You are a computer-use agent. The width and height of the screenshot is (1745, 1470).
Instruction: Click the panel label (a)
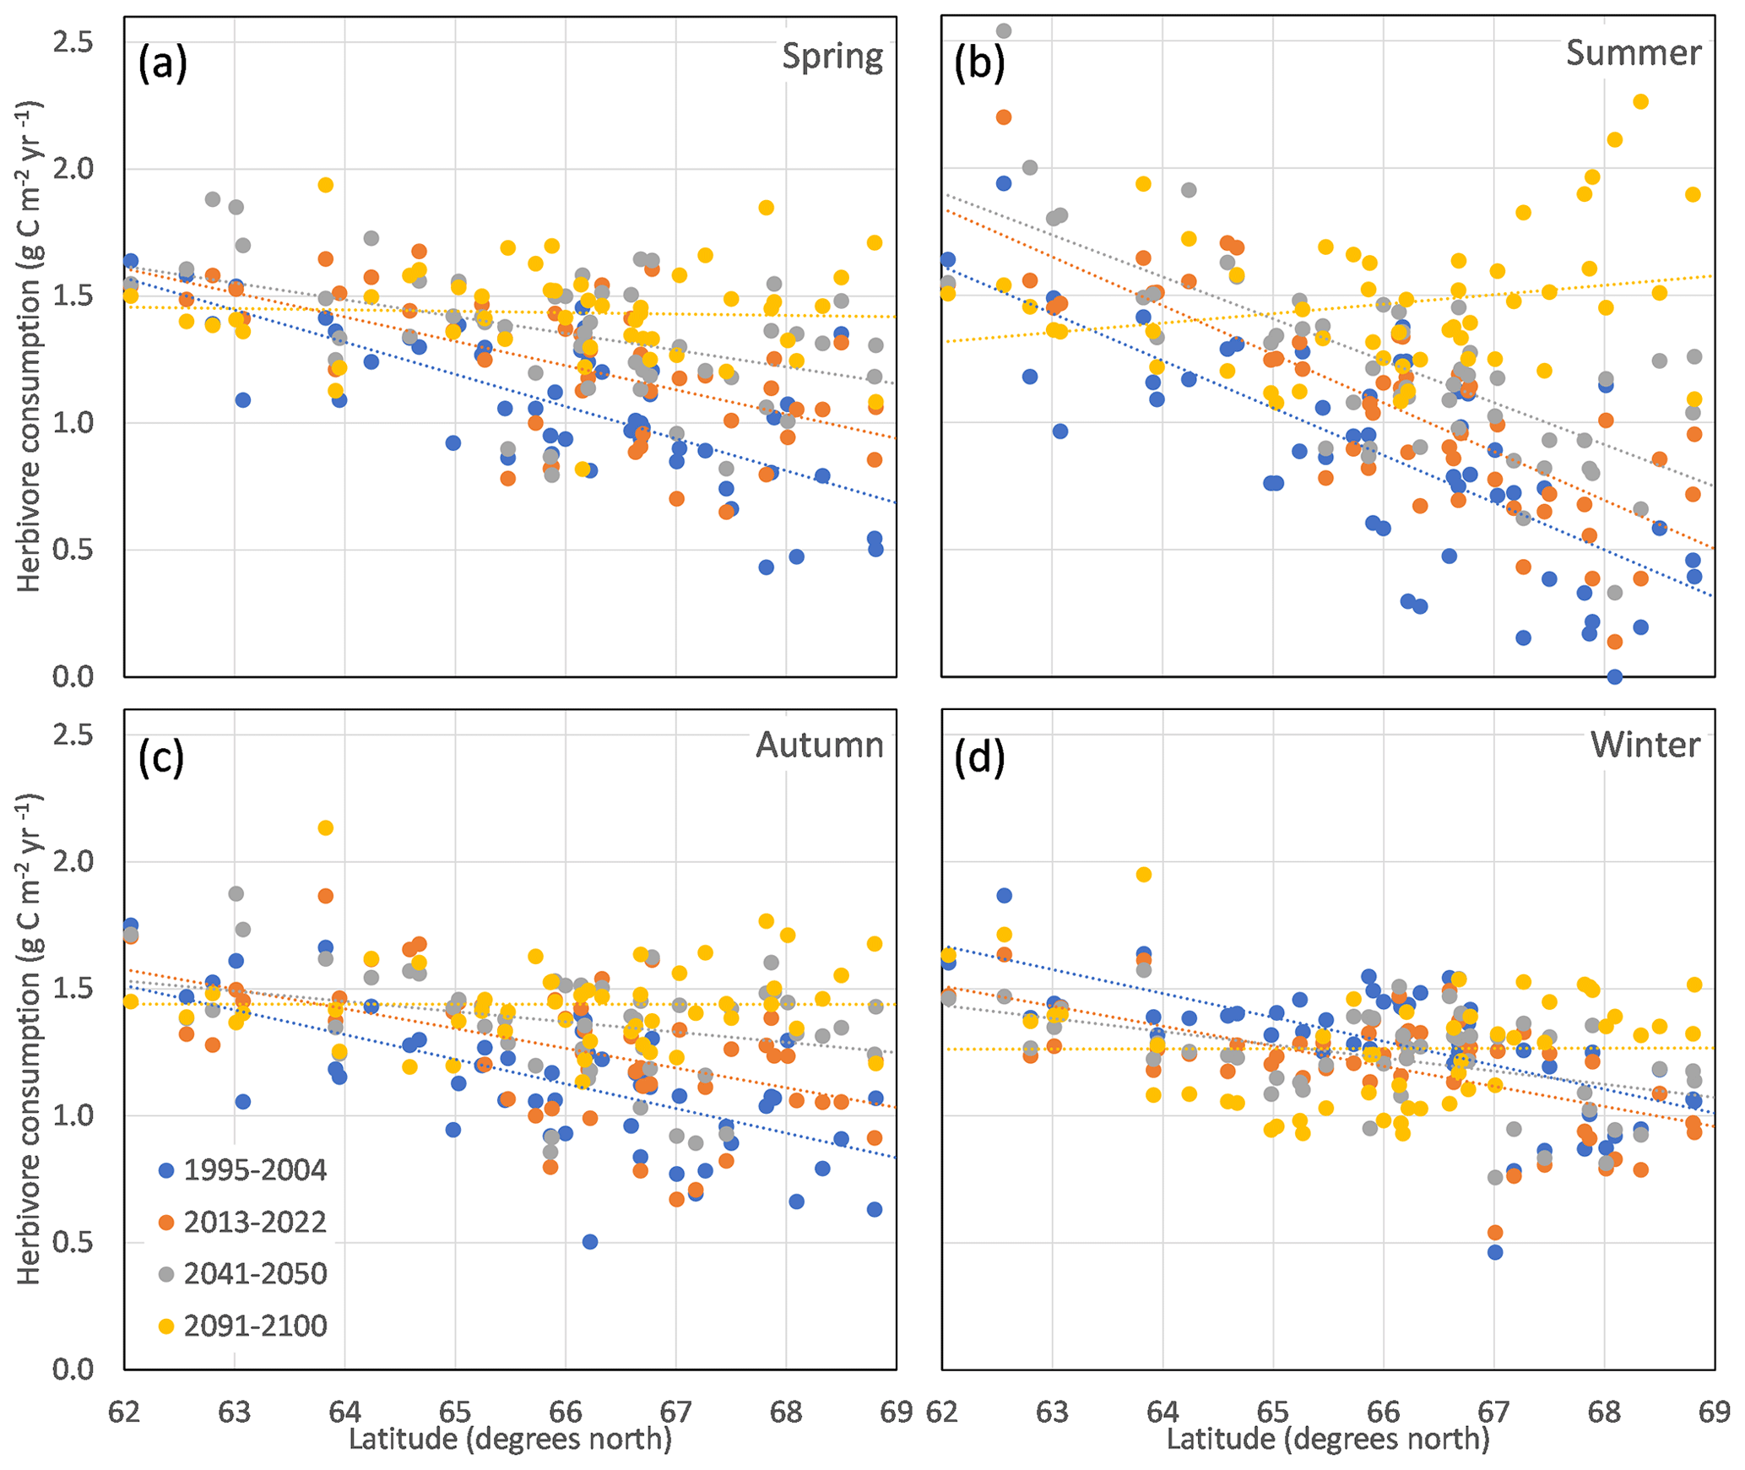tap(162, 64)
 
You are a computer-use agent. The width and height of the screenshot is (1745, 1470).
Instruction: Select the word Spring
tap(832, 57)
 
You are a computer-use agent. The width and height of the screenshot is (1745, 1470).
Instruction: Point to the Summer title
tap(1633, 52)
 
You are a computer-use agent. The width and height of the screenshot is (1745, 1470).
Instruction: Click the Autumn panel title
tap(819, 745)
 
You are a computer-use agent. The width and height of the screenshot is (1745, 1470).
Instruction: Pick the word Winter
tap(1645, 745)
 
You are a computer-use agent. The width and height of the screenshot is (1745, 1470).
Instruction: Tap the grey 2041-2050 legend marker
tap(166, 1274)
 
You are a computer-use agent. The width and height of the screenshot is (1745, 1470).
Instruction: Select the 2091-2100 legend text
tap(254, 1326)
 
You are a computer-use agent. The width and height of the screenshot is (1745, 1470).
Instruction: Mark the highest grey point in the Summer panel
tap(1004, 31)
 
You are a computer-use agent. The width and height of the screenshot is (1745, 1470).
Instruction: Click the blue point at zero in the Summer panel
tap(1614, 676)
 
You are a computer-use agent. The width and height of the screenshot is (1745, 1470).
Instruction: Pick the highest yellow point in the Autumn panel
tap(326, 828)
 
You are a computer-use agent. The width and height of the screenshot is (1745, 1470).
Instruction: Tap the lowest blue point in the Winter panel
tap(1495, 1252)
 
